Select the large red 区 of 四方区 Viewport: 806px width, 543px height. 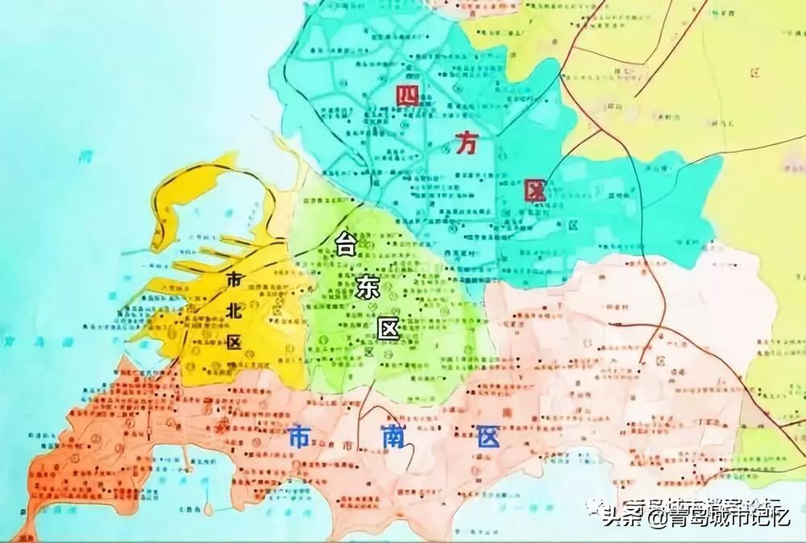[x=534, y=191]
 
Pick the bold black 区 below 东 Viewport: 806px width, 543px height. [x=389, y=329]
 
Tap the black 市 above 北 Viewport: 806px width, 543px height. [x=234, y=279]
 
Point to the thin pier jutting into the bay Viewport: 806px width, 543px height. [x=187, y=460]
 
